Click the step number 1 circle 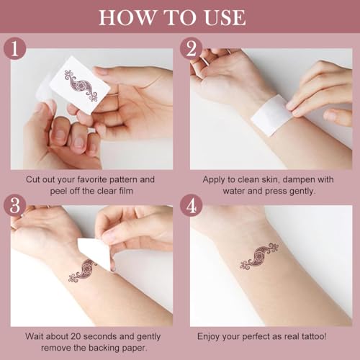coord(15,49)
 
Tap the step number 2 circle coord(192,49)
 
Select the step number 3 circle coord(15,206)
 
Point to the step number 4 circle coord(192,206)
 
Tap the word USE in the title coord(225,17)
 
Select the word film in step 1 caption coord(126,191)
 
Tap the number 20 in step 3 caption coord(76,336)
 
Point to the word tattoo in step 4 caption coord(313,336)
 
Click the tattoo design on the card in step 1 coord(81,86)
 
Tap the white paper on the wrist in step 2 coord(272,115)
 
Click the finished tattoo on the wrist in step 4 coord(259,256)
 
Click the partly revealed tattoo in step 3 coord(82,270)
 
